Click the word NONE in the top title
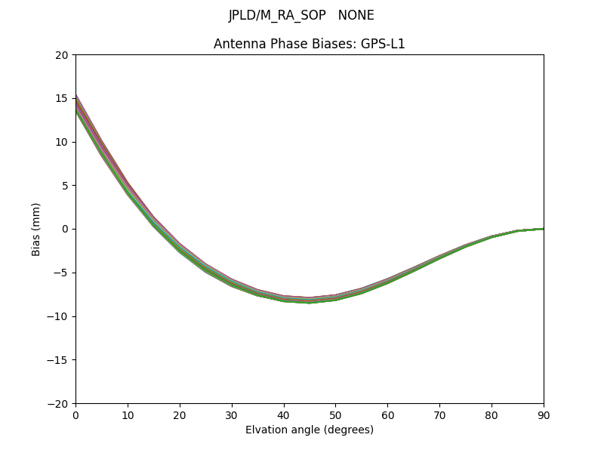coord(356,15)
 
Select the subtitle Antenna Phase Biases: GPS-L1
coord(310,44)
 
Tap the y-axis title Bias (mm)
coord(36,229)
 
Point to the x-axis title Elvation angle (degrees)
coord(310,430)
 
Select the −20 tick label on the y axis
coord(59,403)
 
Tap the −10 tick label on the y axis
coord(59,316)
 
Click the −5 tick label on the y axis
coord(61,273)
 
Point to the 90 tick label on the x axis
coord(544,414)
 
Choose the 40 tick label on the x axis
coord(284,414)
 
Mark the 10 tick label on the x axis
coord(128,414)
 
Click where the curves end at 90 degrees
coord(543,229)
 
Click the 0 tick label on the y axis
coord(65,229)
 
